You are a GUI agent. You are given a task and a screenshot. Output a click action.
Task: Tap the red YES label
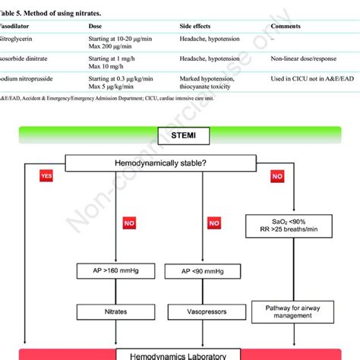tap(47, 175)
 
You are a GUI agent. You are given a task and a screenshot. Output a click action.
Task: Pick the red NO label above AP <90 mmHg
tap(215, 223)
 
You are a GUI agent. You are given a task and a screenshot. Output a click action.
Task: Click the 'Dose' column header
tap(97, 25)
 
